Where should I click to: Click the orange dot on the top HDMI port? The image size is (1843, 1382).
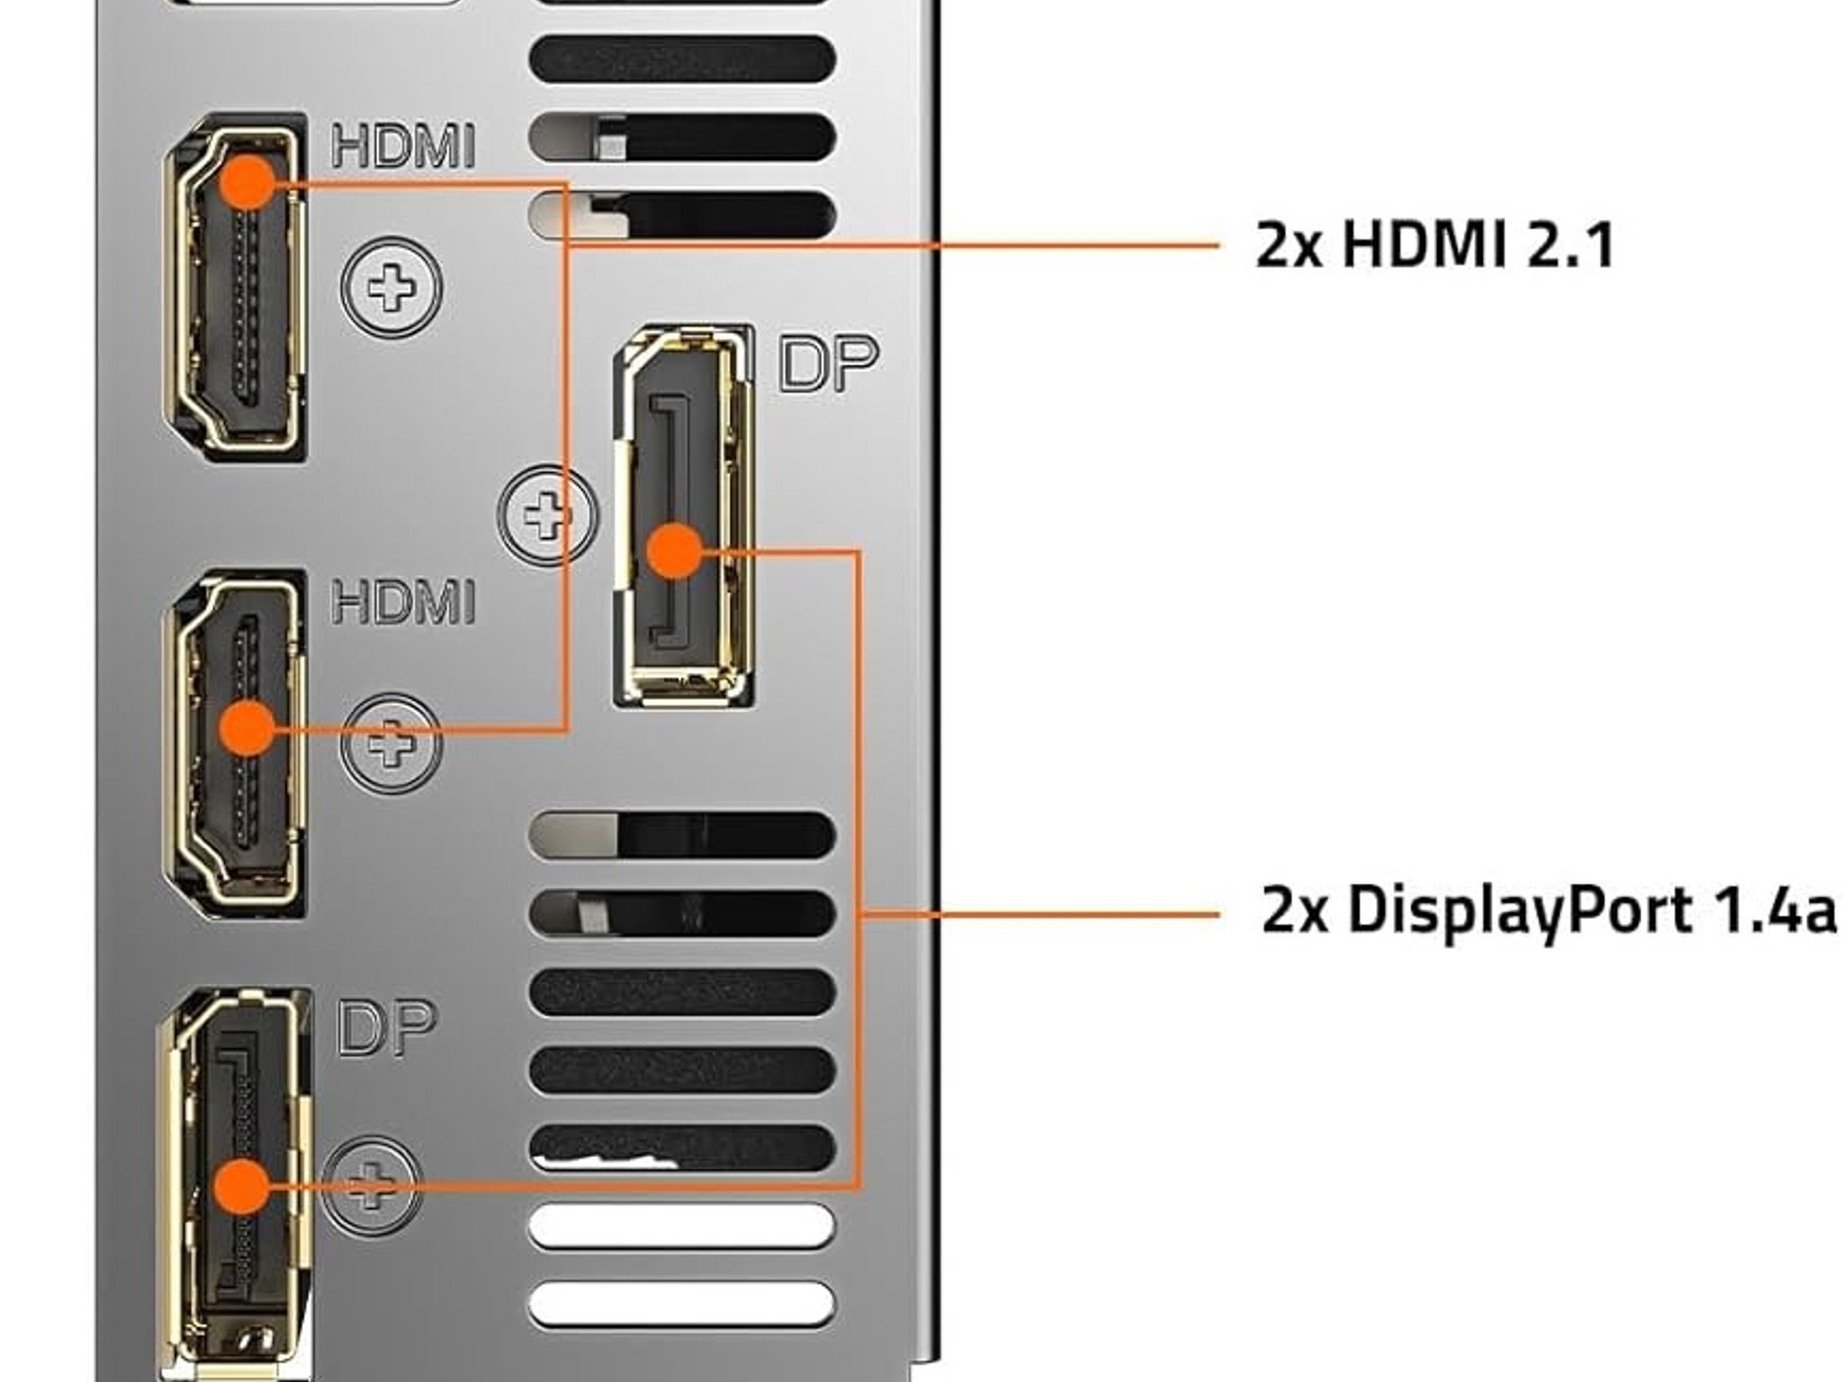247,182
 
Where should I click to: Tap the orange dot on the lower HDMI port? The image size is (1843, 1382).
247,728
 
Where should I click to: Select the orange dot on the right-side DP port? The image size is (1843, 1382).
674,551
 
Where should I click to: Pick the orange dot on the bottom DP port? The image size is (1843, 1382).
242,1186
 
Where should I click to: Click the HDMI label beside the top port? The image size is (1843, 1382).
402,147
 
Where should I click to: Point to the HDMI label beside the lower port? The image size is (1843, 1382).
402,601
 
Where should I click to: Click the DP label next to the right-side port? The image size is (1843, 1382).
827,363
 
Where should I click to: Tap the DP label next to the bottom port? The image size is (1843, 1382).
386,1028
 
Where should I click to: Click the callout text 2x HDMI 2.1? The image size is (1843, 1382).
1434,245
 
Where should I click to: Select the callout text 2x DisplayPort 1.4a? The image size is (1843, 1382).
1548,911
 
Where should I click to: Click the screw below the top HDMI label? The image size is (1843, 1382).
391,287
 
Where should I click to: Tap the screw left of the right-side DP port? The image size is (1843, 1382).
546,516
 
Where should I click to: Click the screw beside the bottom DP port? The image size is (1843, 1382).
371,1186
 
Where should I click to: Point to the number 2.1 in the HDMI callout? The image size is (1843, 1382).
1570,245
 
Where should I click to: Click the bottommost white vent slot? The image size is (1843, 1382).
681,1304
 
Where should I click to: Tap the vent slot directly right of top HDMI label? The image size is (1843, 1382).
681,137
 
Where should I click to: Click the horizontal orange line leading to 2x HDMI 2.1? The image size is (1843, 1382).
900,244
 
